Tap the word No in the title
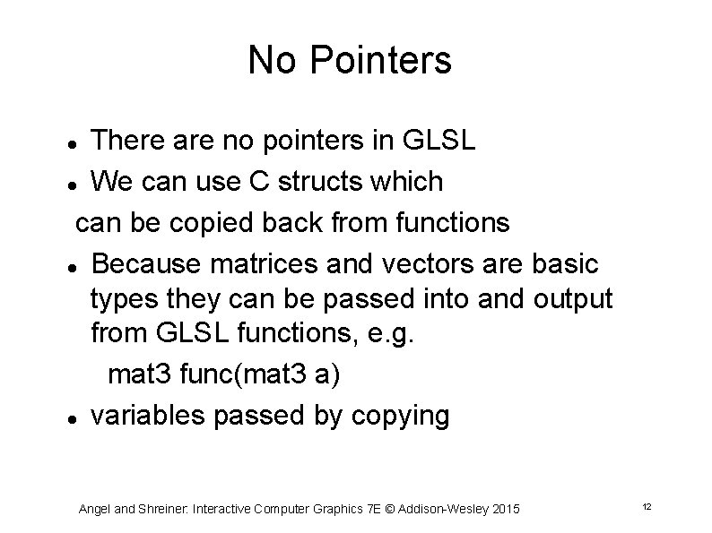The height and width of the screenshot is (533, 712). pos(268,61)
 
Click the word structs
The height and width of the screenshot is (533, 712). pos(310,182)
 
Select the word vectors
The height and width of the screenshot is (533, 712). pos(449,264)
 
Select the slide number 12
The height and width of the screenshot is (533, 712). pos(646,508)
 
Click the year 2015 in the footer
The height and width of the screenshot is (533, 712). pos(503,509)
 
